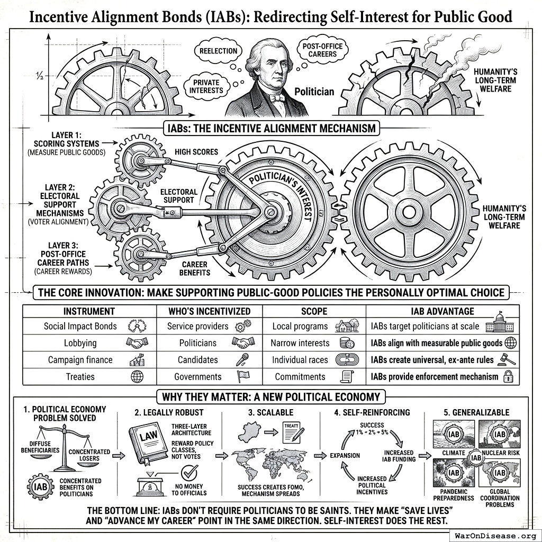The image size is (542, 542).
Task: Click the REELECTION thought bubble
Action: pyautogui.click(x=218, y=51)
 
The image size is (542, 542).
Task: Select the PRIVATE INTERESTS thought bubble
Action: pyautogui.click(x=205, y=87)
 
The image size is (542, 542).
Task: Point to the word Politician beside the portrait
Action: pyautogui.click(x=314, y=92)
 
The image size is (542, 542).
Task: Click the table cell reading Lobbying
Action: pyautogui.click(x=80, y=343)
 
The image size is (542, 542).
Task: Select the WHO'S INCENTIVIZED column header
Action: pyautogui.click(x=209, y=311)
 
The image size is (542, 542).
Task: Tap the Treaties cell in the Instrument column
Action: pyautogui.click(x=80, y=376)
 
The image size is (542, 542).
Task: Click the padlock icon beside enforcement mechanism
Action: pyautogui.click(x=508, y=377)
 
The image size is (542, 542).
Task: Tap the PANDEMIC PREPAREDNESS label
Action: pyautogui.click(x=454, y=495)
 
